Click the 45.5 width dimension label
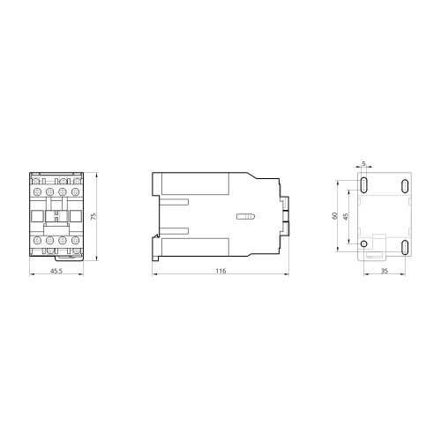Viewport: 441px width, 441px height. pos(56,271)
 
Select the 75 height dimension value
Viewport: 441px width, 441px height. pos(93,217)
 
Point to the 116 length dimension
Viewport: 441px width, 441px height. pos(220,271)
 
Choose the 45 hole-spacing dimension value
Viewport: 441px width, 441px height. pos(346,217)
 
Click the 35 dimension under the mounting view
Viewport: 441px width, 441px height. pos(385,271)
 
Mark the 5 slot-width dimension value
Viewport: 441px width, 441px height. pos(364,164)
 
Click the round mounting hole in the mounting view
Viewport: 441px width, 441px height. pos(364,243)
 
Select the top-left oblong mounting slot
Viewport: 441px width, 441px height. pos(364,185)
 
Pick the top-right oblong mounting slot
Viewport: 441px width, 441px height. pos(405,186)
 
